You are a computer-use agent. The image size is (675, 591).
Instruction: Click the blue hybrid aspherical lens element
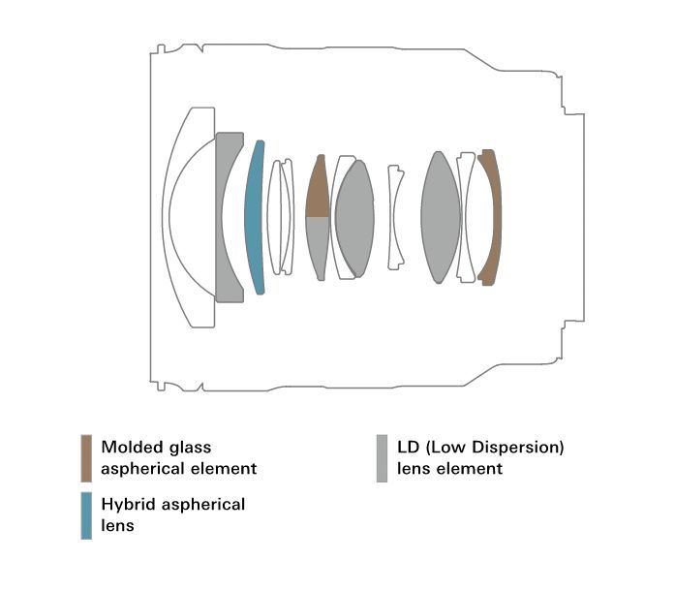(254, 217)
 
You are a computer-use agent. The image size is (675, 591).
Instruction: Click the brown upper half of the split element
(318, 190)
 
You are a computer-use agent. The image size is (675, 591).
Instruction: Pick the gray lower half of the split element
(318, 245)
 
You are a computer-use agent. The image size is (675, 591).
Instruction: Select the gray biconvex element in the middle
(354, 218)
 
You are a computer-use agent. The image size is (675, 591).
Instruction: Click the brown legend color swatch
(86, 458)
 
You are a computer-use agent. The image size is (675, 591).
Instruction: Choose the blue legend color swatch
(86, 515)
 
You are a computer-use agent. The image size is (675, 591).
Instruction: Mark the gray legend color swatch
(382, 458)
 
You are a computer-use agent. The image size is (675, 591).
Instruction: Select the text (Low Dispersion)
(495, 448)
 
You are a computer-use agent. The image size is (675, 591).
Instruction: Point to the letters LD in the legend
(408, 448)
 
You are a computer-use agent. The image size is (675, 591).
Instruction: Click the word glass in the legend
(190, 449)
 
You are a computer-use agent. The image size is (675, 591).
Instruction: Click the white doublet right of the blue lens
(281, 217)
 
